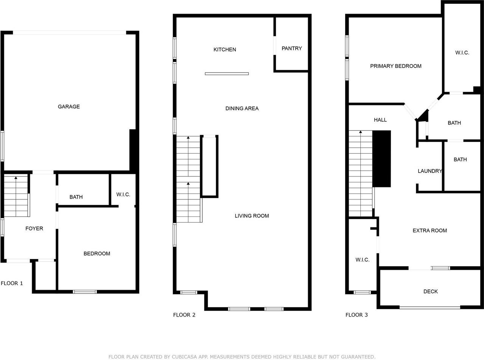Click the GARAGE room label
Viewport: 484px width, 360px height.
(69, 107)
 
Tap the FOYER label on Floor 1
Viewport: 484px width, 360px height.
(34, 229)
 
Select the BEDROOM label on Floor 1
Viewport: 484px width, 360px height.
(97, 253)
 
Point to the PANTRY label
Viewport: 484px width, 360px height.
(292, 48)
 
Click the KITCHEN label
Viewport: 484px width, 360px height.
(225, 49)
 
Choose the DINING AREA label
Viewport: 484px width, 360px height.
(242, 108)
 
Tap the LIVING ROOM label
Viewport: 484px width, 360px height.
(252, 216)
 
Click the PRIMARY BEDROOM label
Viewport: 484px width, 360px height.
(396, 66)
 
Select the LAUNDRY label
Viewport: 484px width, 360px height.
(430, 171)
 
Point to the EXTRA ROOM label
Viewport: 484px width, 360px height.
(430, 230)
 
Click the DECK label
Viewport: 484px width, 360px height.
(430, 292)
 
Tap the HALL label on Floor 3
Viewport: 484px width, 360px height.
(380, 120)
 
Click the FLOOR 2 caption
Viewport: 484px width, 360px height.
(184, 315)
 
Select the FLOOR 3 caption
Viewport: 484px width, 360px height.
(356, 315)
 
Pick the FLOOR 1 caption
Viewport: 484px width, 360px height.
(12, 283)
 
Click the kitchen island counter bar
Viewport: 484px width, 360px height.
(227, 74)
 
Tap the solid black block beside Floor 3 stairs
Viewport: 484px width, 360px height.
(382, 159)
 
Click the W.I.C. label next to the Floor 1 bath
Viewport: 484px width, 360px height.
(123, 195)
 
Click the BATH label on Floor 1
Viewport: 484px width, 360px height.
(76, 197)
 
